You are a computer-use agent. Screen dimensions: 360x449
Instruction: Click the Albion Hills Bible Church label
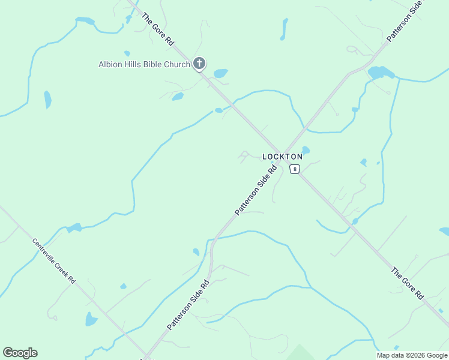pos(144,64)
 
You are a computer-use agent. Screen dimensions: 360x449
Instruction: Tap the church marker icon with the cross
pos(199,63)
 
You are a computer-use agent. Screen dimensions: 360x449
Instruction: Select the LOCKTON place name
pos(282,157)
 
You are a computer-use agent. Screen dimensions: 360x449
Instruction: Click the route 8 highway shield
pos(294,169)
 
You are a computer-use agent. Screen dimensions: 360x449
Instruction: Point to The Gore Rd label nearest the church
pos(158,29)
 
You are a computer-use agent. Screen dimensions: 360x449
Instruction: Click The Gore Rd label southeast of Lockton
pos(408,284)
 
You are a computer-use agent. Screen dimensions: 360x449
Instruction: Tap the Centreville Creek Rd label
pos(54,261)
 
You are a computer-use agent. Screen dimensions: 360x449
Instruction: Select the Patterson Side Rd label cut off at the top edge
pos(405,22)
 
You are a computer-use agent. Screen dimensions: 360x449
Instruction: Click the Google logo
pos(20,353)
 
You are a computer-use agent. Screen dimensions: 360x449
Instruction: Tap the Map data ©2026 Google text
pos(412,355)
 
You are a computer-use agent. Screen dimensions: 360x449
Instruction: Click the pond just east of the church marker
pos(220,74)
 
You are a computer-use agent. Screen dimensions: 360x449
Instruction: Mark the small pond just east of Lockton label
pos(306,150)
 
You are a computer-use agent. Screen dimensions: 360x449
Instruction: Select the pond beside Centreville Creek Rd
pos(91,319)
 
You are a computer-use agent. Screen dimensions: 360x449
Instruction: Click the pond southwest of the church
pos(177,97)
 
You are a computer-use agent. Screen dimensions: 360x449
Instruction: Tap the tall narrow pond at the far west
pos(47,100)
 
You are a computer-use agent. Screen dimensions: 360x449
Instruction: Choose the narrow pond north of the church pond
pos(283,29)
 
